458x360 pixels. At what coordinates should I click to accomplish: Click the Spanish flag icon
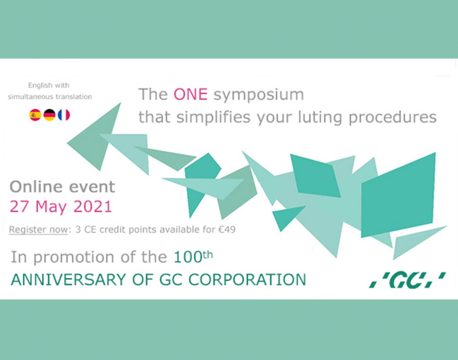pos(35,115)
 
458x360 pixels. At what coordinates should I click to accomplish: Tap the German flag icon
pos(49,115)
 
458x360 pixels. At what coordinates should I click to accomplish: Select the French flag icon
pos(64,115)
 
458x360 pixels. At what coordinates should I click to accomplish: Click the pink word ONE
pos(191,94)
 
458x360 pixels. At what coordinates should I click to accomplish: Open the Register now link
pos(38,230)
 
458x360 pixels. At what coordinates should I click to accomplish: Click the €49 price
pos(227,230)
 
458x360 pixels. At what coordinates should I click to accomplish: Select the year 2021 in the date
pos(93,206)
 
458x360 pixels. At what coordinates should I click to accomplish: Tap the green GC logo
pos(408,280)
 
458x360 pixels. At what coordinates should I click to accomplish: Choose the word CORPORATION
pos(247,280)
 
